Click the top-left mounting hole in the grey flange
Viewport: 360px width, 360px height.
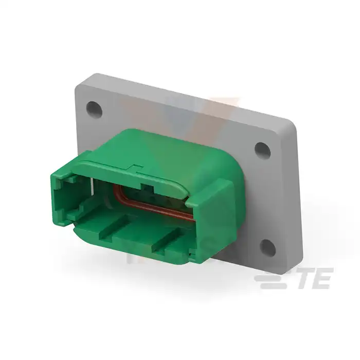tap(94, 109)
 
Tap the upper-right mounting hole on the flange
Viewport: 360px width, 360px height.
tap(263, 150)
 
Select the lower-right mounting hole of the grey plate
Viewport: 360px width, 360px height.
tap(268, 248)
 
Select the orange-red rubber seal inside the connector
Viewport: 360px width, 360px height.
tap(152, 203)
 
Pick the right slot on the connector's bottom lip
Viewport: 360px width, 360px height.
tap(169, 240)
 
